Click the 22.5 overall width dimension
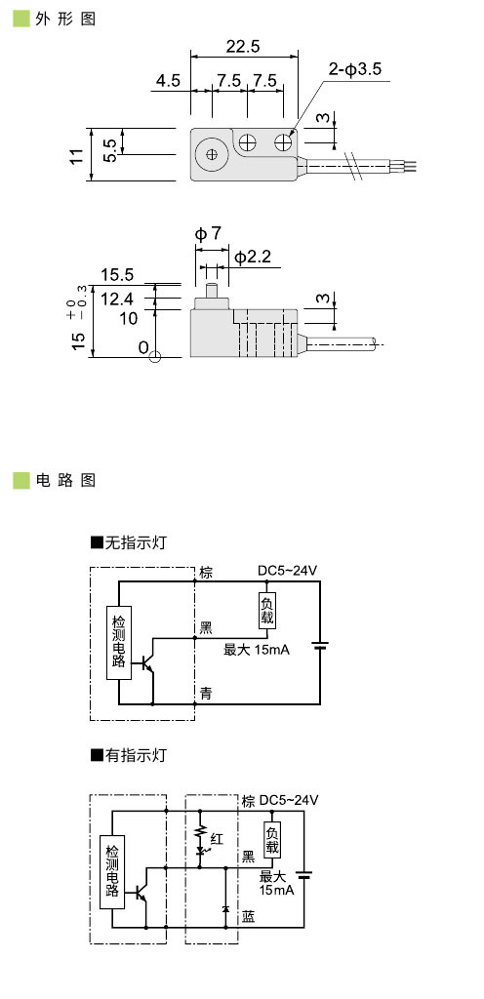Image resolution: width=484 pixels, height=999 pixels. tap(242, 47)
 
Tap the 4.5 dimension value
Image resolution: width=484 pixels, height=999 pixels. tap(167, 80)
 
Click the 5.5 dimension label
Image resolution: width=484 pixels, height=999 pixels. tap(109, 150)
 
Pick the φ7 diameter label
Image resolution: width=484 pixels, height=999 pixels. tap(208, 234)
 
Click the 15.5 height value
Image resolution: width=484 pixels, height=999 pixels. tap(117, 275)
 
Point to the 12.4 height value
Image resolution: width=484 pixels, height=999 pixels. tap(117, 298)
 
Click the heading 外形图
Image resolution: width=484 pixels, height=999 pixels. tap(64, 19)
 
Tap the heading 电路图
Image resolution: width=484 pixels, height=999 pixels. tap(64, 480)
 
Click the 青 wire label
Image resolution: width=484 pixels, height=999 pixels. tap(206, 693)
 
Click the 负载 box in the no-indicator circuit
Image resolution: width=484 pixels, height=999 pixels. tap(267, 611)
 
